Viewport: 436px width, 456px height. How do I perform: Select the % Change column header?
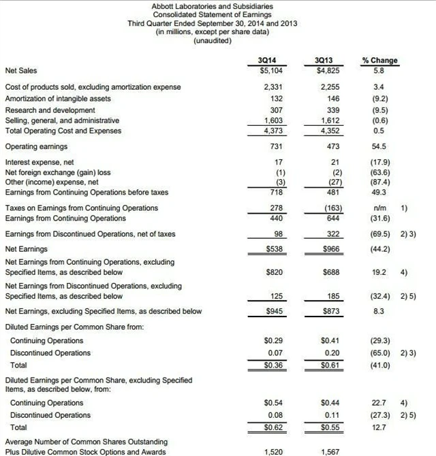tap(380, 60)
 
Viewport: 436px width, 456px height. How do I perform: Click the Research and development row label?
tap(50, 110)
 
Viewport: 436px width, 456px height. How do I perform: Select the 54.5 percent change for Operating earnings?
tap(379, 146)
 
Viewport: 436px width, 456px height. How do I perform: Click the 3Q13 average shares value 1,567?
tap(329, 451)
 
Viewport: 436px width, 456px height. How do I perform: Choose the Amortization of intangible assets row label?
tap(58, 99)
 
